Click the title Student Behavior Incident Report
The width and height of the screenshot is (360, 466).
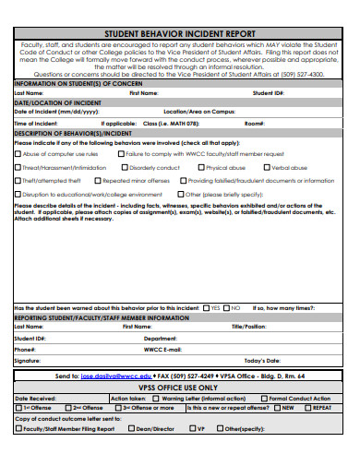point(181,31)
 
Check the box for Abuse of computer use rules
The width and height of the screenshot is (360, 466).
point(18,155)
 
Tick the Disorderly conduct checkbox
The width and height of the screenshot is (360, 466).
point(126,168)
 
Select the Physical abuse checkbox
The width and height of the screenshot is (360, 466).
point(201,168)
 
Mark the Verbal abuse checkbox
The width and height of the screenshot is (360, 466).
point(266,168)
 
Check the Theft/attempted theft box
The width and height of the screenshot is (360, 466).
point(18,182)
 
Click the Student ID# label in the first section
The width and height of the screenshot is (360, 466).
point(268,93)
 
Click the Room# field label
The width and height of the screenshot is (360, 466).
point(254,122)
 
